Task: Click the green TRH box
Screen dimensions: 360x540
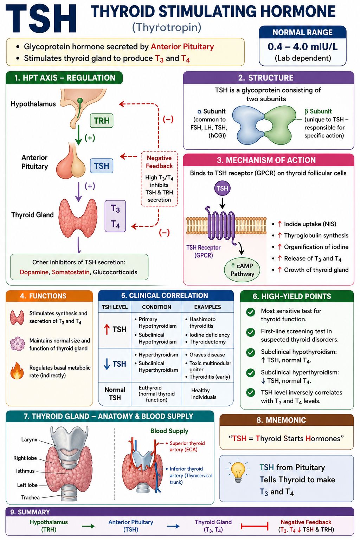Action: (x=102, y=121)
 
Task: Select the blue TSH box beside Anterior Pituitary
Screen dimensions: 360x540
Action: (x=102, y=166)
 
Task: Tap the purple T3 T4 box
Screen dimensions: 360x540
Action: (x=115, y=216)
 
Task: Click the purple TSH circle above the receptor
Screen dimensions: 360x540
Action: (x=222, y=188)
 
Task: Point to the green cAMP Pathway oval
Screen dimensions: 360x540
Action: (x=242, y=270)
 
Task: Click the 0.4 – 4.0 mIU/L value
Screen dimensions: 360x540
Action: (x=303, y=46)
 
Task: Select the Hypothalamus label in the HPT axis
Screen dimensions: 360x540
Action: (x=33, y=104)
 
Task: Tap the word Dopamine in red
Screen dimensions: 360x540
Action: (x=34, y=272)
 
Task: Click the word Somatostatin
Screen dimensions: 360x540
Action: (x=71, y=272)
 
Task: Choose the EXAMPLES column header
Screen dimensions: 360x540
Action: (x=208, y=307)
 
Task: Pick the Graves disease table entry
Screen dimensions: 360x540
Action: (x=207, y=355)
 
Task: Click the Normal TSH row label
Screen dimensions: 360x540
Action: (x=115, y=394)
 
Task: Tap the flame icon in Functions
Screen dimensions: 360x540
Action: (x=17, y=371)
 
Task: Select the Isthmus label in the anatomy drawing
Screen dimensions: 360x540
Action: (x=25, y=471)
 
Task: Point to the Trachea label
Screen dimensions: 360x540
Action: (x=30, y=497)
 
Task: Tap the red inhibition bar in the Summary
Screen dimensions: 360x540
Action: (x=255, y=526)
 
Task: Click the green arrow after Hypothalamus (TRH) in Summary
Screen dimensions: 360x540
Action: (x=88, y=526)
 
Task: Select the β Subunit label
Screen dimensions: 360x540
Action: (x=318, y=111)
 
